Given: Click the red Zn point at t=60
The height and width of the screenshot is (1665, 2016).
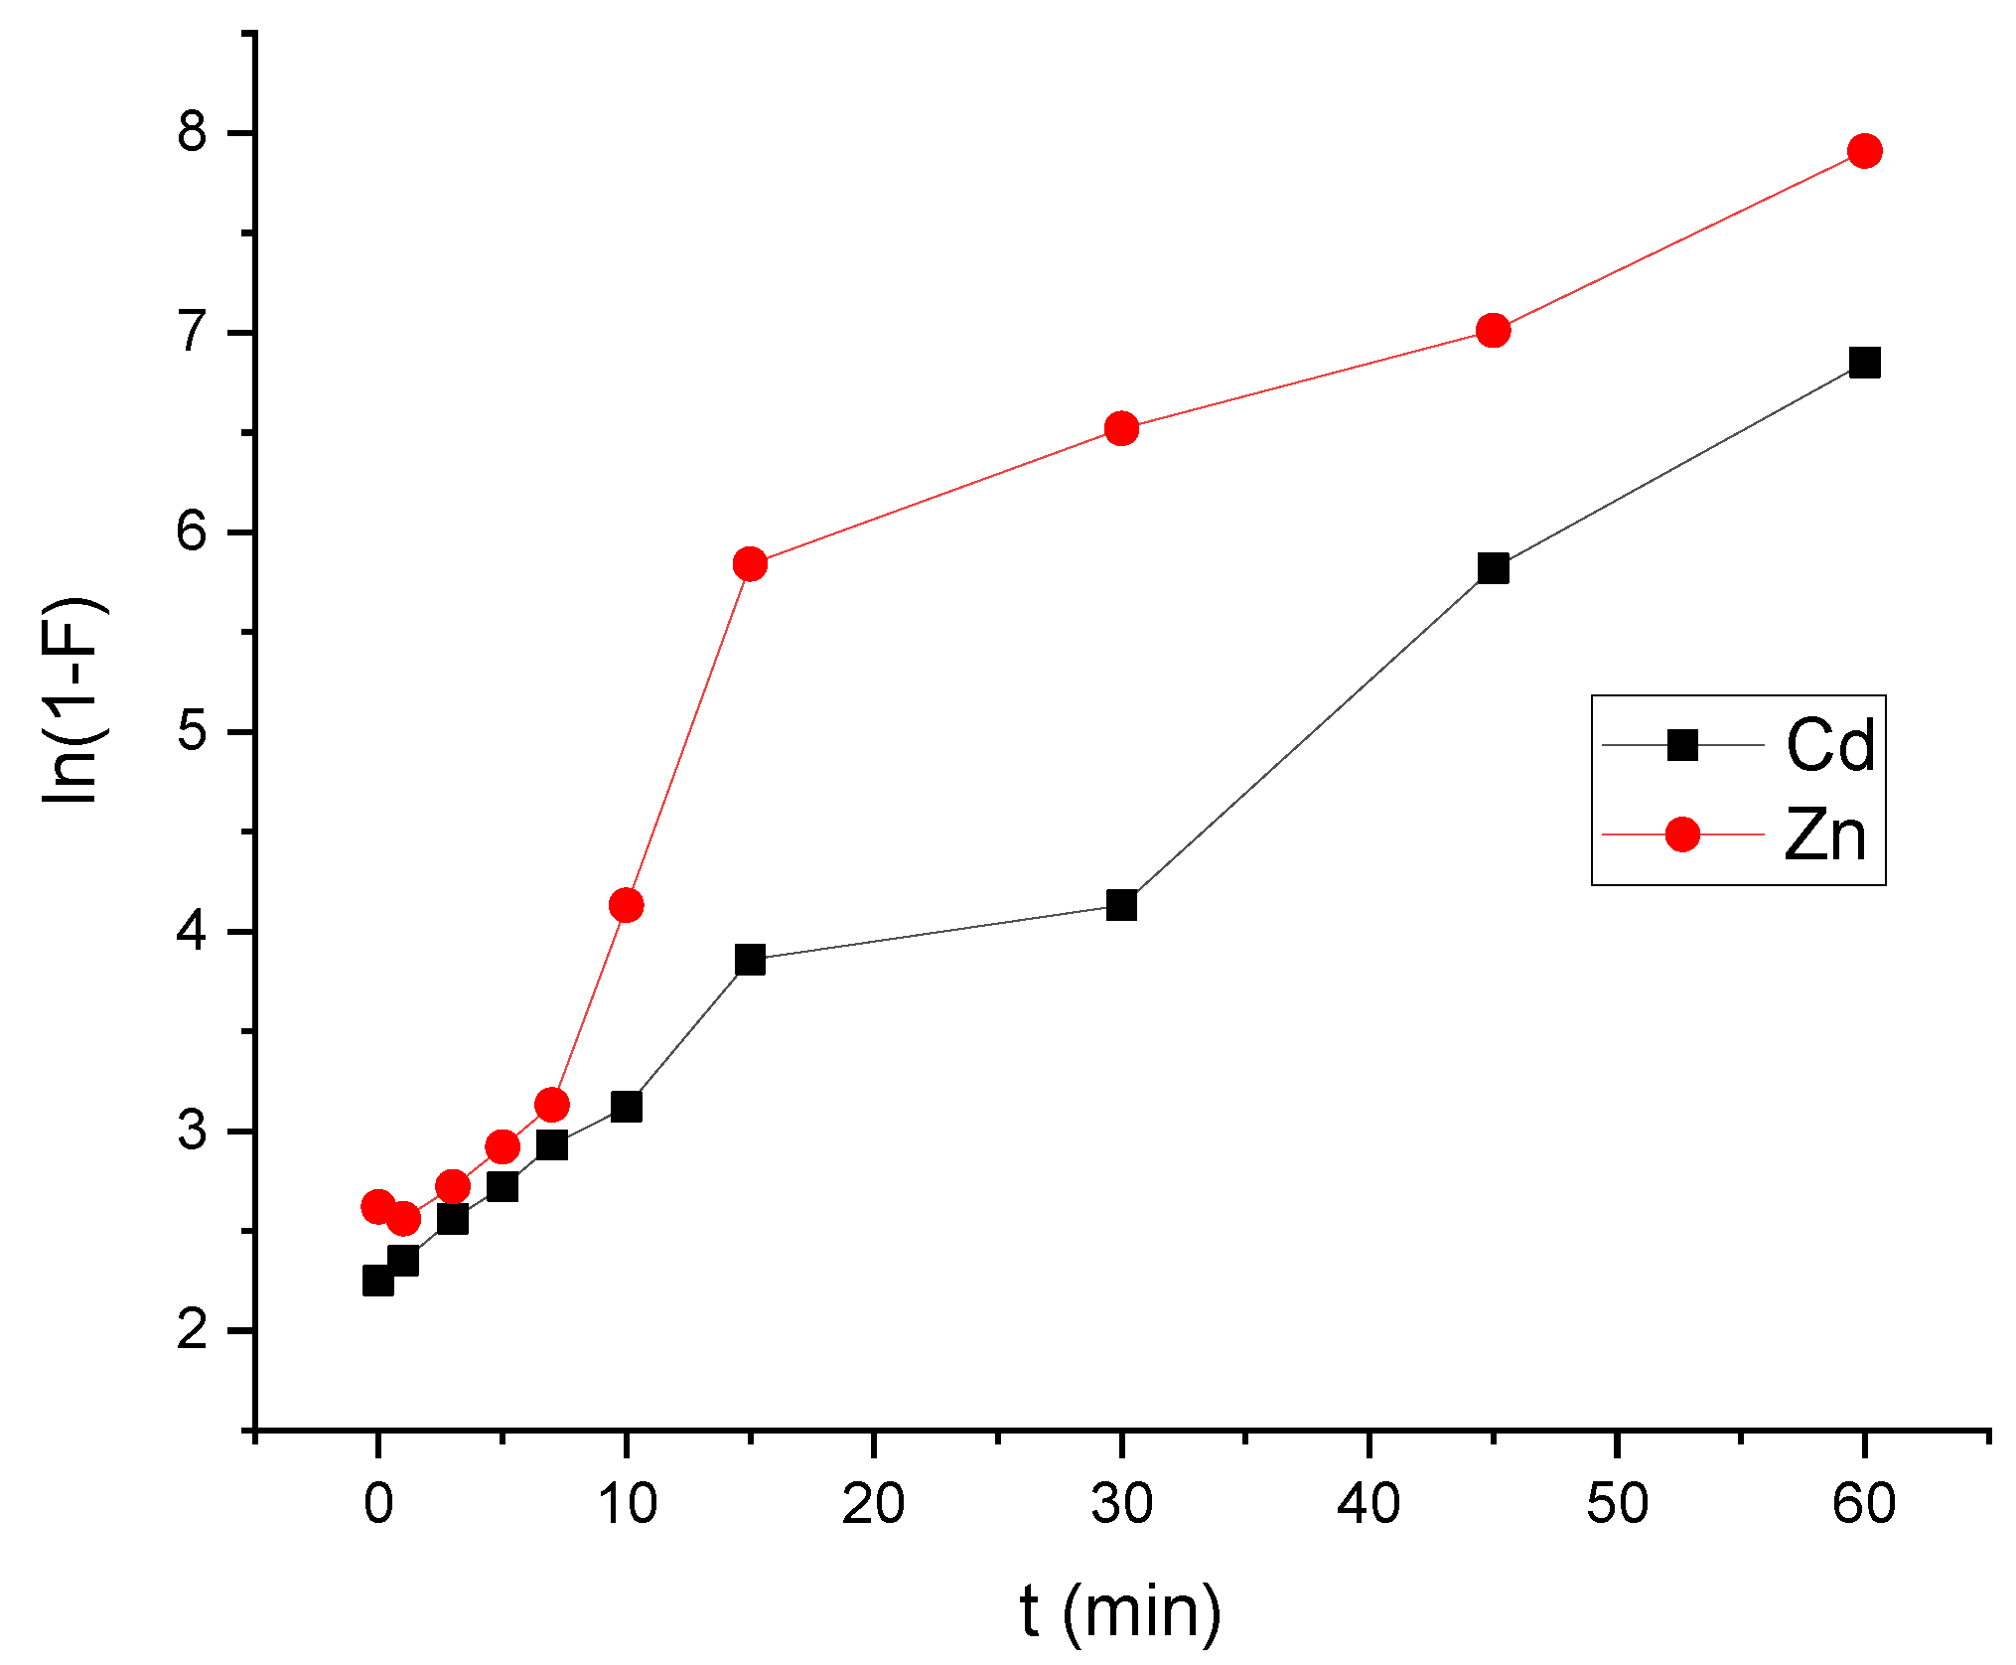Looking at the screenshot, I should coord(1864,151).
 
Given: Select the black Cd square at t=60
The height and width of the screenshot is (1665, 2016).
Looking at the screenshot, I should coord(1864,363).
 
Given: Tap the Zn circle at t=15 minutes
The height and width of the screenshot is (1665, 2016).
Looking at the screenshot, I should coord(750,564).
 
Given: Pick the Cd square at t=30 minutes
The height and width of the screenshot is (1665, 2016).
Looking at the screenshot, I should coord(1121,905).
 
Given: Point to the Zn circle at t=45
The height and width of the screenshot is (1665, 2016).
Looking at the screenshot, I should coord(1493,330).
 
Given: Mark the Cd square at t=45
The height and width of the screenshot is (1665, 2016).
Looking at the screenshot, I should coord(1493,568).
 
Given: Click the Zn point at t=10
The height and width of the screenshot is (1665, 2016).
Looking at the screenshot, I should coord(626,905).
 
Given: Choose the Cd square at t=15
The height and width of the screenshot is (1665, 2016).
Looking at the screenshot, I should coord(750,961).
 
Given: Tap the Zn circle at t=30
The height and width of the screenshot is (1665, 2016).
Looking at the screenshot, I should coord(1121,428).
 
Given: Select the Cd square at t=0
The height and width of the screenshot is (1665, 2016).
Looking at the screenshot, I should coord(377,1281).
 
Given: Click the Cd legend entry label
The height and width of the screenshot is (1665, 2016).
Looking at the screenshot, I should coord(1829,745).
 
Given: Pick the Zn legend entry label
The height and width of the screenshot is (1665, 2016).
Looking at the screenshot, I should coord(1825,834).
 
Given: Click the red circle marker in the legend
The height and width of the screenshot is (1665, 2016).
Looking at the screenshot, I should coord(1682,834).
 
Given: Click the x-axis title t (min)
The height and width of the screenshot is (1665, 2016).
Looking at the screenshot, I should coord(1120,1611).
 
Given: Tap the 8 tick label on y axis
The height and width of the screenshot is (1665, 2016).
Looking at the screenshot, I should coord(193,132).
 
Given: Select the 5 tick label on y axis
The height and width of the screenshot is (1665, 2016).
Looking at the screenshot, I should coord(193,732).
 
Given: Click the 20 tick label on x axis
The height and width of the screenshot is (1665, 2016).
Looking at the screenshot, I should coord(873,1503).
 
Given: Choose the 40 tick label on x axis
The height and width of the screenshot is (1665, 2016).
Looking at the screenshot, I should coord(1368,1503).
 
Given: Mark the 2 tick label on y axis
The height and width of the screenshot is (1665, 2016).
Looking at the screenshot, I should coord(193,1329).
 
